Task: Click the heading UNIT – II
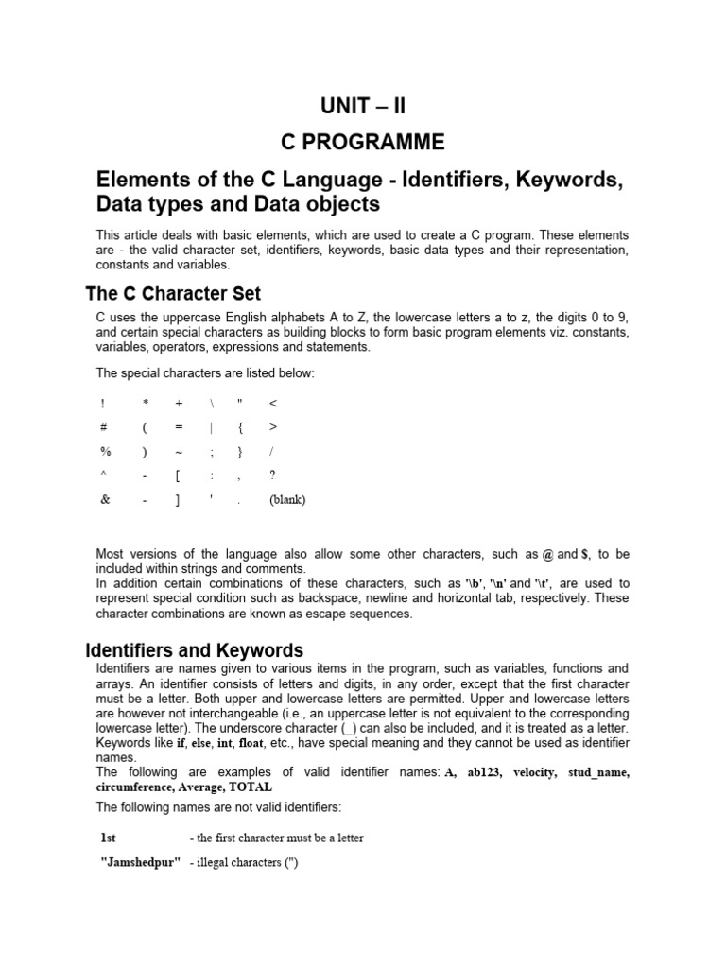click(363, 105)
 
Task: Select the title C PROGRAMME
click(363, 143)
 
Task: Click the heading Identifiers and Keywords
click(195, 650)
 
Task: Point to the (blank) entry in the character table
click(287, 500)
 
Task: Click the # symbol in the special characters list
click(104, 426)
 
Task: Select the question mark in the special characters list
click(272, 475)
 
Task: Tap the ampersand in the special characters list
click(104, 500)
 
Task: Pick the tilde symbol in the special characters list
click(178, 451)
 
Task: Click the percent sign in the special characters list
click(105, 451)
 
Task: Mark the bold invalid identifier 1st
click(110, 838)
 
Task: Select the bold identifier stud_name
click(597, 772)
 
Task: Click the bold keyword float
click(252, 744)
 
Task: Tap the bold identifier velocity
click(536, 772)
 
